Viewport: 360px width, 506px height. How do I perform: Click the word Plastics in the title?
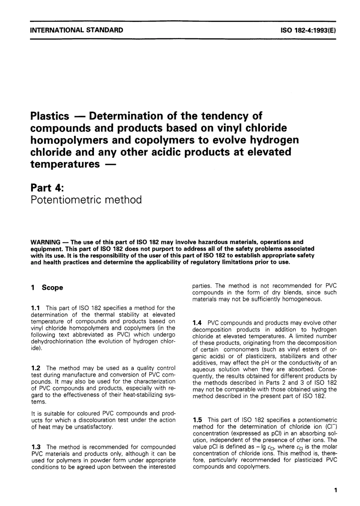(50, 116)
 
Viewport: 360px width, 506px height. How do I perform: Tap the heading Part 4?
(46, 187)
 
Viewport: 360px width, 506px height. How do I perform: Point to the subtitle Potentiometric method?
(86, 200)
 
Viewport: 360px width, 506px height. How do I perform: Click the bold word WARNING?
(45, 242)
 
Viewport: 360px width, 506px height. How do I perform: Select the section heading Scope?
(52, 288)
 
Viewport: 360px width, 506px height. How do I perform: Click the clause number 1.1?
(36, 308)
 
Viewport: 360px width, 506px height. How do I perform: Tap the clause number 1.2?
(36, 368)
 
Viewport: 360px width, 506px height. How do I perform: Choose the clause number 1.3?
(36, 447)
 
